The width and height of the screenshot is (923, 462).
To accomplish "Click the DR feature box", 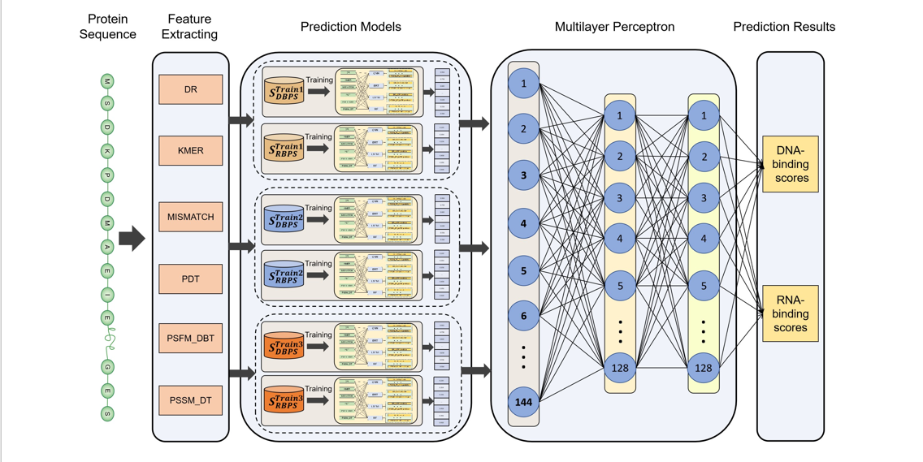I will click(191, 89).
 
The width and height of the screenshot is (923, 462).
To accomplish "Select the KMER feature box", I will click(191, 151).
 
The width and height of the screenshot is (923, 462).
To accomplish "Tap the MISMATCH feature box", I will click(191, 218).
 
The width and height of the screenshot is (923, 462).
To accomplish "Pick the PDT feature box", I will click(191, 279).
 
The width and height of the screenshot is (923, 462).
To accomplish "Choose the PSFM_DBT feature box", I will click(191, 338).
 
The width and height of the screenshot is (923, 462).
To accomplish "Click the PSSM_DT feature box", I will click(191, 400).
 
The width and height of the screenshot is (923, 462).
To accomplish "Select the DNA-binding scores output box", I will click(790, 165).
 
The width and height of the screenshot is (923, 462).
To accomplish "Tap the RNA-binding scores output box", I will click(790, 313).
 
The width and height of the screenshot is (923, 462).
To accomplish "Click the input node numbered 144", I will click(523, 402).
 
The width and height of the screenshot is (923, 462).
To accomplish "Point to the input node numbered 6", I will click(523, 316).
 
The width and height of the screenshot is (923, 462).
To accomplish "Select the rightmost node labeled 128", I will click(704, 368).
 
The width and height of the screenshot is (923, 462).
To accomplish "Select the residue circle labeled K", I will click(107, 152).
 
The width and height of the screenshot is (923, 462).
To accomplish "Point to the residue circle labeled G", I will click(107, 367).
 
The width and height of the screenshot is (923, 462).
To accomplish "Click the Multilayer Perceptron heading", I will click(614, 27).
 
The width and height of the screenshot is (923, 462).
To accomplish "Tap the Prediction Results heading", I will click(784, 27).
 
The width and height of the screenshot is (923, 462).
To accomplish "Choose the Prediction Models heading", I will click(351, 27).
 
